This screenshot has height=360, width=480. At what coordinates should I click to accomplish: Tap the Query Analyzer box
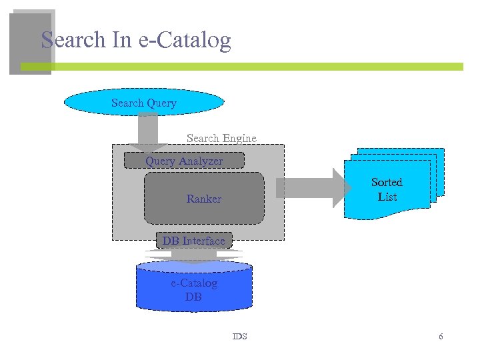tap(185, 161)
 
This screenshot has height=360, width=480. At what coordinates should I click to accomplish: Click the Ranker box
tap(204, 199)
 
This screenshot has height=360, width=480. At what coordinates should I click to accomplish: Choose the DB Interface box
tap(194, 241)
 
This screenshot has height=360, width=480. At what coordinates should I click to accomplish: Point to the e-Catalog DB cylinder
tap(193, 290)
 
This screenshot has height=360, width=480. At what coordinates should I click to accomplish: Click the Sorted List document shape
tap(387, 189)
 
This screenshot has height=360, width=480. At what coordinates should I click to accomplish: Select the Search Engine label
tap(221, 138)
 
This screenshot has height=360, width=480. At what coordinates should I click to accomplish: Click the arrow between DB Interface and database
tap(193, 256)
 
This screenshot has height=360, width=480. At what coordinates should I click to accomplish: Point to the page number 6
tap(441, 337)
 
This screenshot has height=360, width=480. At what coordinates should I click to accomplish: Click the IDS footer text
tap(239, 337)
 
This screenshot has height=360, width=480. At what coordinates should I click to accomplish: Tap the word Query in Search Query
tap(162, 103)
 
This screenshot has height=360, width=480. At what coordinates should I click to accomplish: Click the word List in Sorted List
tap(387, 197)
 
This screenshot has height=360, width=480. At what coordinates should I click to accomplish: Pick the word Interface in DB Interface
tap(203, 241)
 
